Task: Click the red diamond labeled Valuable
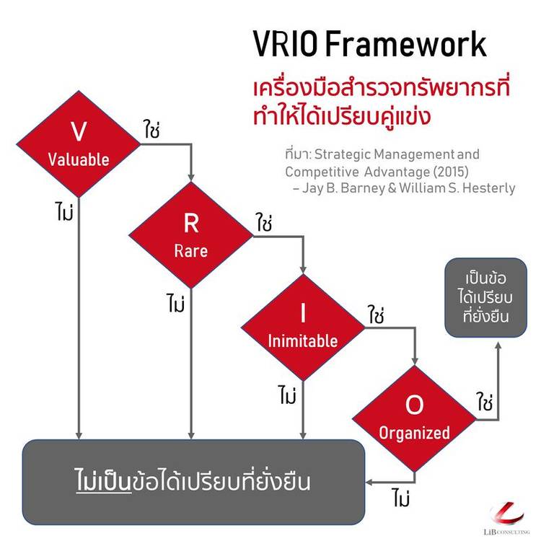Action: [x=79, y=144]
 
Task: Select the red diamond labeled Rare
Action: [x=190, y=234]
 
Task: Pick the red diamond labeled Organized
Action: [x=414, y=419]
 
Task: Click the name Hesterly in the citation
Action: [x=488, y=188]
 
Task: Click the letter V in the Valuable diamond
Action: [x=79, y=131]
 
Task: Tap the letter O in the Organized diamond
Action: [x=414, y=406]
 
